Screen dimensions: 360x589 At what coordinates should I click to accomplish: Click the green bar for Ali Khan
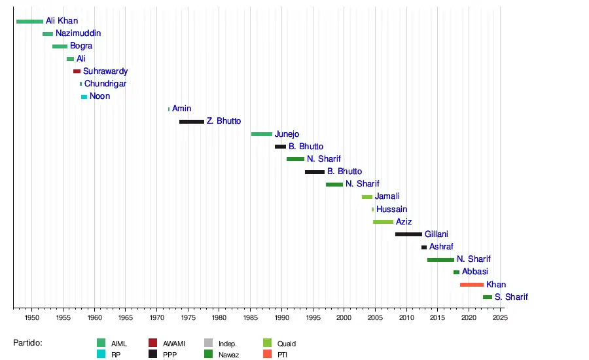(29, 22)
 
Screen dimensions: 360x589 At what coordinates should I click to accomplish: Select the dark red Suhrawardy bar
(77, 71)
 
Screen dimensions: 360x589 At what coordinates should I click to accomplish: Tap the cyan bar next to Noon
(84, 97)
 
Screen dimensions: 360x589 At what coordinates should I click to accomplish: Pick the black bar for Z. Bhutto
(191, 122)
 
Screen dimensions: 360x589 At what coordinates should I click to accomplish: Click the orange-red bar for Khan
(471, 285)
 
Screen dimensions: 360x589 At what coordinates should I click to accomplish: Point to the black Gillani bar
(408, 234)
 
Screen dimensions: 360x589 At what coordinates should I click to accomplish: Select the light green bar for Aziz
(383, 222)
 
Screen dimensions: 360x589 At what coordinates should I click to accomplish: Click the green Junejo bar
(261, 134)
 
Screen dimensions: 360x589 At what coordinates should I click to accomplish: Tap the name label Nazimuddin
(78, 33)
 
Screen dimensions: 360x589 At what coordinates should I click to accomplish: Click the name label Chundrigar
(105, 84)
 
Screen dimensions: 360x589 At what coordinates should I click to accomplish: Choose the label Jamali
(387, 196)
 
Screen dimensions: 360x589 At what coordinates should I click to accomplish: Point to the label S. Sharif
(511, 297)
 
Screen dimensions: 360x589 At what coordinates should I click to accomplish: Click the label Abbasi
(474, 272)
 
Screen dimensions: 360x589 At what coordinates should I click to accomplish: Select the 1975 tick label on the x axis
(188, 317)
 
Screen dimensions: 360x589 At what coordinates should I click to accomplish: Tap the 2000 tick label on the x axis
(344, 317)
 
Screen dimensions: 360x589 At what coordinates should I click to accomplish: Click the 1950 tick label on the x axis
(32, 317)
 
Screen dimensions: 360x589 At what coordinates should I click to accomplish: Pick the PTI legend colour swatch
(267, 354)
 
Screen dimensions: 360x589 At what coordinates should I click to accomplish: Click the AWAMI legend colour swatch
(152, 343)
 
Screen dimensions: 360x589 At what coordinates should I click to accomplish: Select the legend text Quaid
(286, 344)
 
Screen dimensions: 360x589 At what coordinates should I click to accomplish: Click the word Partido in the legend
(27, 343)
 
